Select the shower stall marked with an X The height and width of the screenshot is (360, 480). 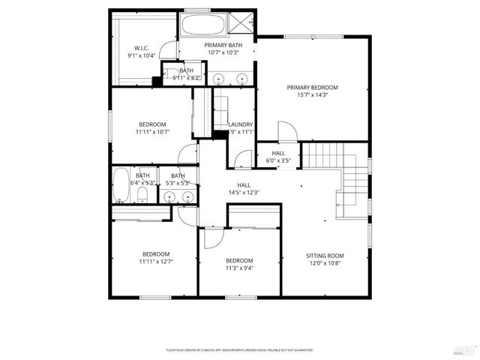pos(244,25)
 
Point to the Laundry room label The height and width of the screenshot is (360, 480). pos(241,124)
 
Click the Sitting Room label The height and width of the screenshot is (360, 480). pos(325,256)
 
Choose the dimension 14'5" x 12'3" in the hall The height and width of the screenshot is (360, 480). pos(244,193)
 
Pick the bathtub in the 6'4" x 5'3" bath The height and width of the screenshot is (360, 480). pos(120,185)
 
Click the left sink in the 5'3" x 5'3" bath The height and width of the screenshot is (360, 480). pos(170,197)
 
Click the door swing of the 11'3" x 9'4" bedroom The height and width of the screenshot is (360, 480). pos(211,238)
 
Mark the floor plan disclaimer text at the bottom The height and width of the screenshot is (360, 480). pos(240,350)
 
